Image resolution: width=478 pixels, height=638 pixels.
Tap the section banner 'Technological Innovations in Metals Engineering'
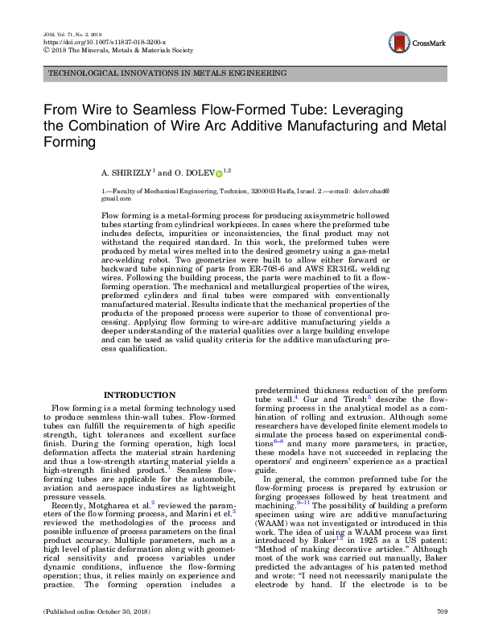point(167,72)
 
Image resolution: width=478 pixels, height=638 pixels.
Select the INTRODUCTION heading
point(140,395)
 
